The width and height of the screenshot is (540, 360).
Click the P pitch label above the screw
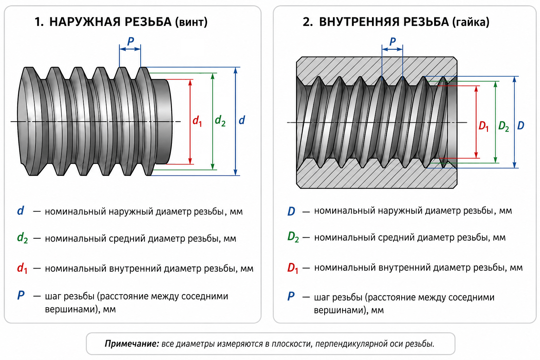click(x=130, y=41)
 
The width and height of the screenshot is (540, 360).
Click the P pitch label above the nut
click(x=393, y=41)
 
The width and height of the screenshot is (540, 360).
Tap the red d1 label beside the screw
click(x=197, y=121)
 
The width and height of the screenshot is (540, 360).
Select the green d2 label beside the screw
click(x=220, y=121)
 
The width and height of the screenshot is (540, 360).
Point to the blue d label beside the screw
click(x=242, y=120)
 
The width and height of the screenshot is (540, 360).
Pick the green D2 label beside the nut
click(x=503, y=126)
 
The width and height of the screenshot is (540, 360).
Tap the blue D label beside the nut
click(x=521, y=126)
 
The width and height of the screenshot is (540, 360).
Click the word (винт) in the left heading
click(x=191, y=22)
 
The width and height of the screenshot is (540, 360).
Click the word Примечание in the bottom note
click(x=132, y=343)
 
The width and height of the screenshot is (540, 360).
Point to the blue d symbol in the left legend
click(x=20, y=211)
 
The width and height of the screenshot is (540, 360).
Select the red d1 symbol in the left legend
click(x=22, y=268)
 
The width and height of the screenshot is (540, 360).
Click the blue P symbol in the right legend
click(x=291, y=296)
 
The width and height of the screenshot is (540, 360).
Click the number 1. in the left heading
click(x=39, y=22)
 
